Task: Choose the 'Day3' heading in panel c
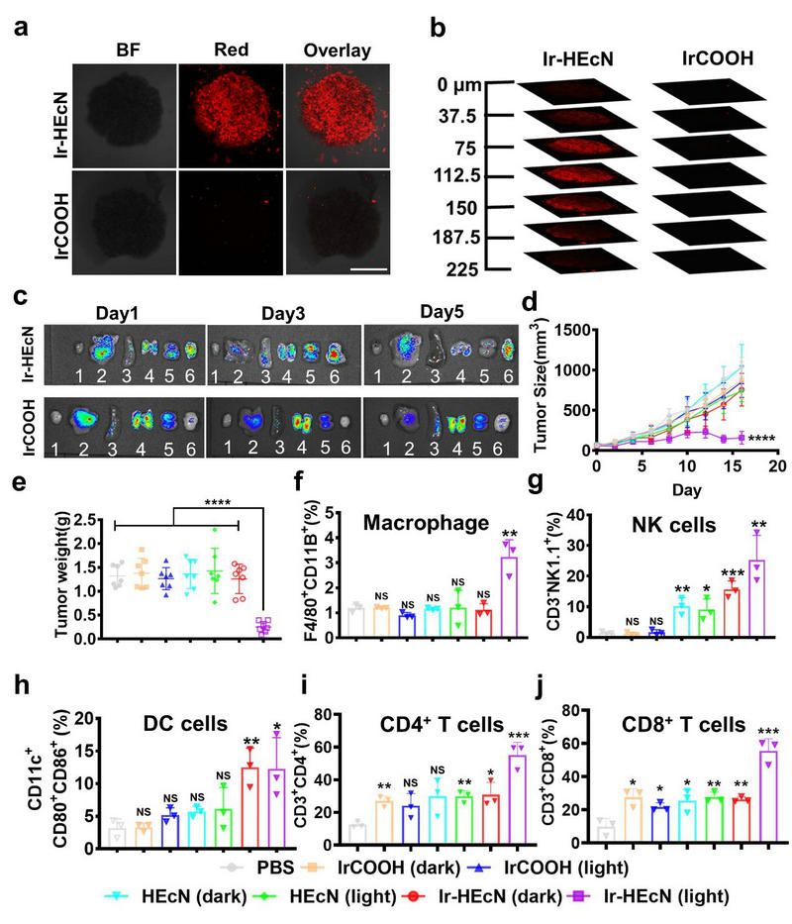[280, 311]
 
